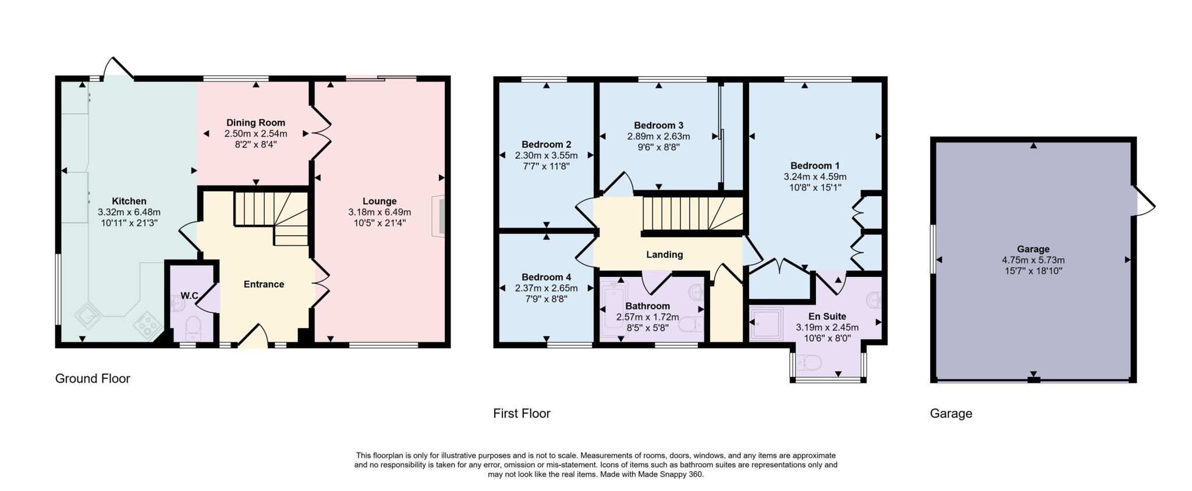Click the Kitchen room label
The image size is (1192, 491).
pos(129,201)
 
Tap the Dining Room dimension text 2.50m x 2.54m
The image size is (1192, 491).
pos(256,133)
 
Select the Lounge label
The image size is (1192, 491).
pos(379,201)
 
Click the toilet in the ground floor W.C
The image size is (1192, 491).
pos(192,328)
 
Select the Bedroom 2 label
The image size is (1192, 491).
pos(546,144)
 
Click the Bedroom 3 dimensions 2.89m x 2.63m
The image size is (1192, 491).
pos(658,136)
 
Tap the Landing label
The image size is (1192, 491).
pos(664,254)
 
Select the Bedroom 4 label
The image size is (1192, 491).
pos(546,277)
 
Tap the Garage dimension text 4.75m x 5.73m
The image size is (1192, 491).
pos(1033,260)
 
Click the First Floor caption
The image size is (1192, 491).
pos(521,414)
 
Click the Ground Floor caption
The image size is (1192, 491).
pos(93,379)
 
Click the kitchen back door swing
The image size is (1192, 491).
pos(118,67)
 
